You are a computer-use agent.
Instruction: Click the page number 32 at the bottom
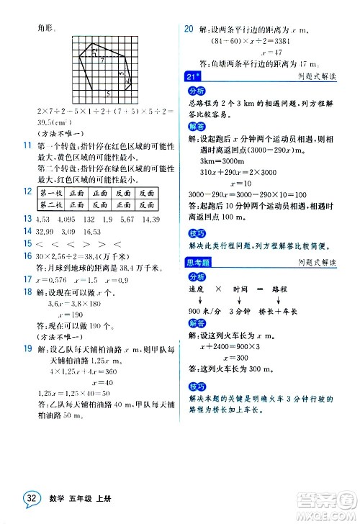(x=30, y=500)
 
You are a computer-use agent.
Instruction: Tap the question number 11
(x=27, y=146)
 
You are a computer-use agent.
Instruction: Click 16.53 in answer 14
(x=99, y=231)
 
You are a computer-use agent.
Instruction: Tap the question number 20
(x=189, y=30)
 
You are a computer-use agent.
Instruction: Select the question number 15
(x=27, y=244)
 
